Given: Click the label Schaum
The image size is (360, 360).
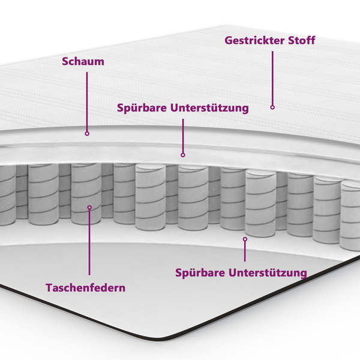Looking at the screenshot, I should pos(83,62).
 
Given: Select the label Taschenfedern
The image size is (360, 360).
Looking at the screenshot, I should pos(86,287).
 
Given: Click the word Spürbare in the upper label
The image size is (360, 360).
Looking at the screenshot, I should pos(142,109).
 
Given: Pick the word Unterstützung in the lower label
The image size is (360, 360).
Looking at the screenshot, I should pos(268,273).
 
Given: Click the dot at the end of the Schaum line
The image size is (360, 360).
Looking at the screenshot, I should pos(87,133).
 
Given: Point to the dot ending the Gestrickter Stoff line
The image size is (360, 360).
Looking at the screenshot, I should pos(272,107).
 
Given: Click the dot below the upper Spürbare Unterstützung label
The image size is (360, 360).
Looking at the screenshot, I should pos(183,155).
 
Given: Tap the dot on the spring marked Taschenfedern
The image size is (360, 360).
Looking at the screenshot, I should pos(89,208).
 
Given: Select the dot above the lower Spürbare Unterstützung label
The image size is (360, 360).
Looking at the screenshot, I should pos(245,239).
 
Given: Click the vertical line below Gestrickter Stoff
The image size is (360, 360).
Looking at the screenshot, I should pos(272,78).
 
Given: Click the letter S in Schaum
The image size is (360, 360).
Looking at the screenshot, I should pos(65,62).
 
